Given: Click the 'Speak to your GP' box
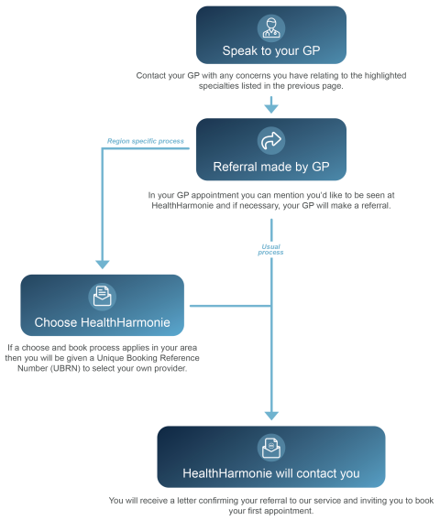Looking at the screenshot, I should tap(270, 35).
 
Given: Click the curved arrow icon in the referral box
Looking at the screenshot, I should tap(270, 140).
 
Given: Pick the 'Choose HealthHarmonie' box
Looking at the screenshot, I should tap(103, 306).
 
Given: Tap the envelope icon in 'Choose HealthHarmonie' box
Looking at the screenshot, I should tap(103, 296).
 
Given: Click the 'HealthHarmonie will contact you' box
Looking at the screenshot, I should tap(270, 457).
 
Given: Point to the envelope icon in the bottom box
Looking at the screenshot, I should tap(270, 447).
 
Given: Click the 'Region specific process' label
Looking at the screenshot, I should tap(147, 141).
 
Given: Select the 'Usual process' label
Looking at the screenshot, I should tap(270, 248).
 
